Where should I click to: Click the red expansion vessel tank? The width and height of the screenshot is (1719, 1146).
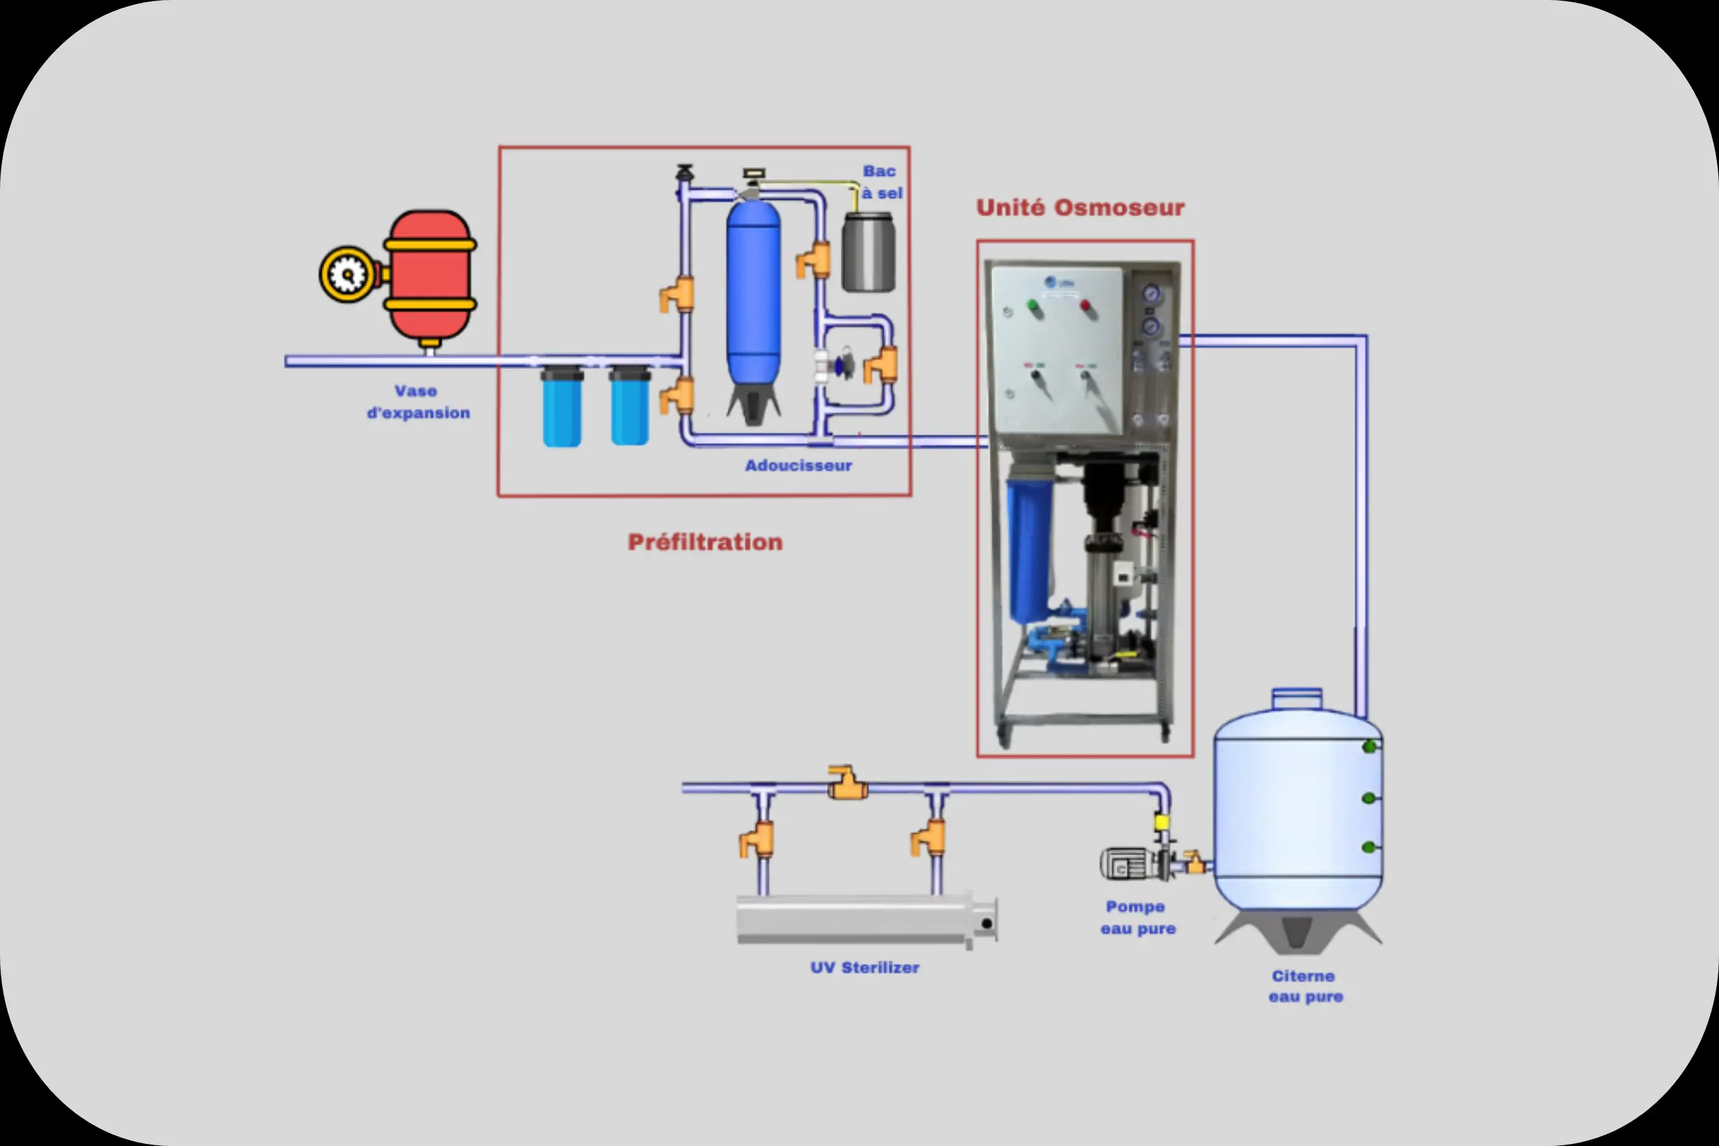[x=430, y=275]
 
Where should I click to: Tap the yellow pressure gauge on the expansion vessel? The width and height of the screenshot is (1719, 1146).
[x=347, y=275]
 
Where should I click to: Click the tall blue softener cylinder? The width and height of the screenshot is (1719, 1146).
[x=753, y=292]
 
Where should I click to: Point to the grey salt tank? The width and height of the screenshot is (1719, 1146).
[x=868, y=253]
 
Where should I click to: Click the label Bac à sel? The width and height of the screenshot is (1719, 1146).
[x=882, y=182]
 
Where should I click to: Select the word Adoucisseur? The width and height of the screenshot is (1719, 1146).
[x=798, y=465]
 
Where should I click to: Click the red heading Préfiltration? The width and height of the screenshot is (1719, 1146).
[x=705, y=542]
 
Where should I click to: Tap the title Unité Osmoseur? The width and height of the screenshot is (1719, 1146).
[x=1080, y=207]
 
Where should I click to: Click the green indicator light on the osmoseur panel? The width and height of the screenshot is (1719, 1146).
[x=1033, y=306]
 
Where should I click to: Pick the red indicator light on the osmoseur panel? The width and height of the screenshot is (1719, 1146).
[x=1085, y=306]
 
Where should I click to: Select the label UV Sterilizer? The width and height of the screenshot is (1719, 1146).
[x=865, y=967]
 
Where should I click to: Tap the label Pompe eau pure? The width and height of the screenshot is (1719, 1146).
[x=1137, y=917]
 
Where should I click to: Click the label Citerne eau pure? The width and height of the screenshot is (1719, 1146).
[x=1305, y=987]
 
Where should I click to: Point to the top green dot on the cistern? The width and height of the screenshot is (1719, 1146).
[x=1369, y=747]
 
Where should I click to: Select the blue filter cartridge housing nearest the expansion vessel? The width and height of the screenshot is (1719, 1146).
[x=561, y=407]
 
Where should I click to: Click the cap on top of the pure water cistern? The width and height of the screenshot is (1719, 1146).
[x=1297, y=699]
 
